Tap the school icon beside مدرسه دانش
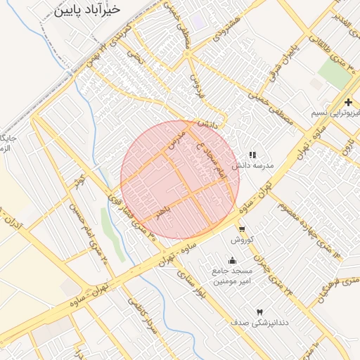252,155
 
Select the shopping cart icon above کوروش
242,229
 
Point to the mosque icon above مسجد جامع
233,261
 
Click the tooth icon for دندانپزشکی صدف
258,311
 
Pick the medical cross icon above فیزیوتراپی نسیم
349,102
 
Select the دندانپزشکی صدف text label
258,322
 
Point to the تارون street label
348,146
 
